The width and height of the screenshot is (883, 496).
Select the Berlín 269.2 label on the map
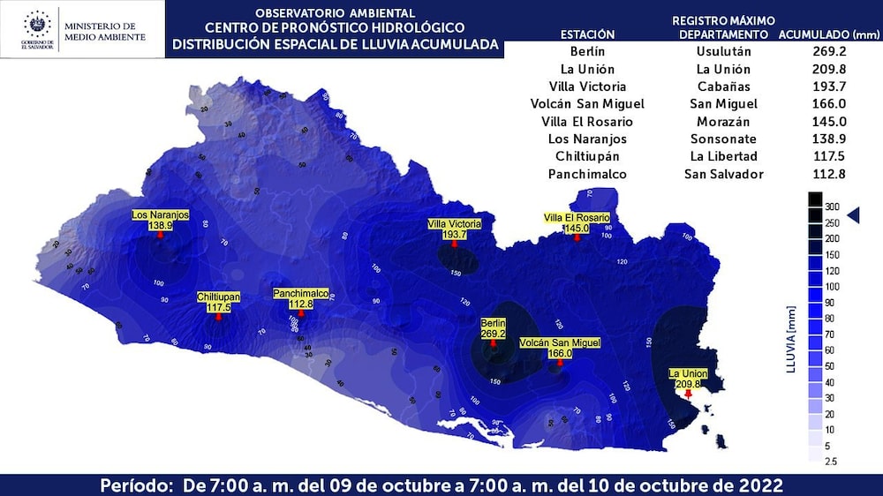pos(493,329)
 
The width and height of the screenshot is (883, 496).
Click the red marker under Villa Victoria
pos(455,244)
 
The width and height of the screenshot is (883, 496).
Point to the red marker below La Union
pos(689,394)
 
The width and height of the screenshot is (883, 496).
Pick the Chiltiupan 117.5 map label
pos(218,303)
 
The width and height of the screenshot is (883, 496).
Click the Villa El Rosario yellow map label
pos(577,222)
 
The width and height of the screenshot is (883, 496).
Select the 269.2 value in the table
pos(829,51)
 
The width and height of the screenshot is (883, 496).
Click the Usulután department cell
pos(723,51)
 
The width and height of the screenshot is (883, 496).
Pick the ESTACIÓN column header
pos(588,34)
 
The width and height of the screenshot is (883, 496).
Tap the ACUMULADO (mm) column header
pos(829,34)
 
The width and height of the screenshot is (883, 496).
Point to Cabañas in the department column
pos(723,86)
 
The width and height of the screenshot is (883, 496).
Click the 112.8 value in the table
pos(829,174)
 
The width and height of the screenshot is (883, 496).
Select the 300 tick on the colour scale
pos(832,206)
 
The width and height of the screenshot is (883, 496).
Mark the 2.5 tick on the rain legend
pos(831,462)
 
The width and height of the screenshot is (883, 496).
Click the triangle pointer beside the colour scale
pos(853,214)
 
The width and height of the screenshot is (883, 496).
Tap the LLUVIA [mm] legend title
pos(791,339)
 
